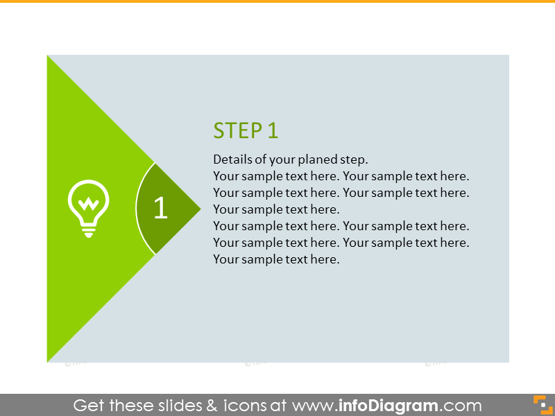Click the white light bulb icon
point(89,209)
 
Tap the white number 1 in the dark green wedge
point(161,207)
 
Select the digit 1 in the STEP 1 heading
point(273,130)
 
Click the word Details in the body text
point(233,159)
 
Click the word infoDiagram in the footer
point(388,406)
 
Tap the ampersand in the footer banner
point(212,406)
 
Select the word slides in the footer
point(180,406)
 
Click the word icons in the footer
point(245,406)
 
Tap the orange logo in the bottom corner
point(543,405)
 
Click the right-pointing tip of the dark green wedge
point(200,209)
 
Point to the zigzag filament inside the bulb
point(89,203)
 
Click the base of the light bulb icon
point(89,231)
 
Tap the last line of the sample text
point(276,259)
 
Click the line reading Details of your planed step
point(291,159)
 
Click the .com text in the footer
point(460,406)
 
